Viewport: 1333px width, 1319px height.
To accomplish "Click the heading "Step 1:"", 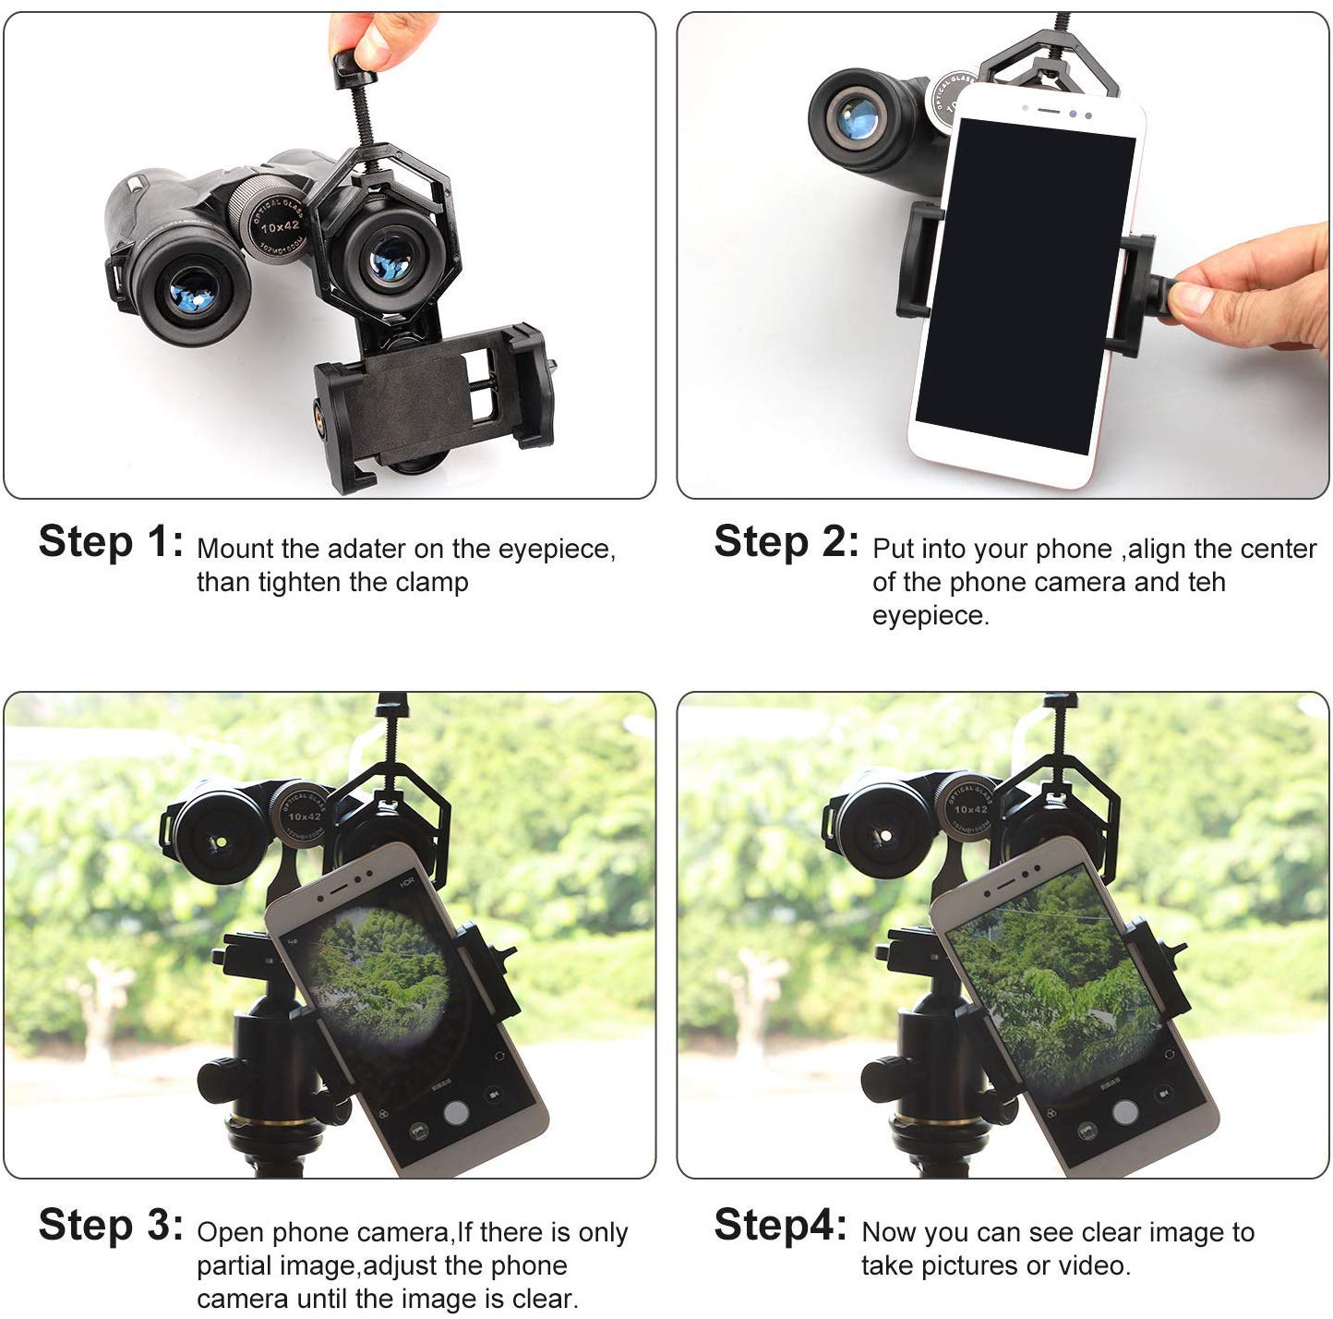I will (111, 542).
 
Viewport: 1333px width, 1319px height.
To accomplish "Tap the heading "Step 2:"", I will (786, 542).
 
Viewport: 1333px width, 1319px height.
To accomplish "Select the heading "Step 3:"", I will (111, 1226).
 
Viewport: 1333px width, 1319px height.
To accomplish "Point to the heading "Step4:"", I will (780, 1226).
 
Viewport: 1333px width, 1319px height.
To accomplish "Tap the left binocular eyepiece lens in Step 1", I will (193, 296).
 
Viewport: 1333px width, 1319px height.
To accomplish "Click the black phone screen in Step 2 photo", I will (1025, 286).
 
